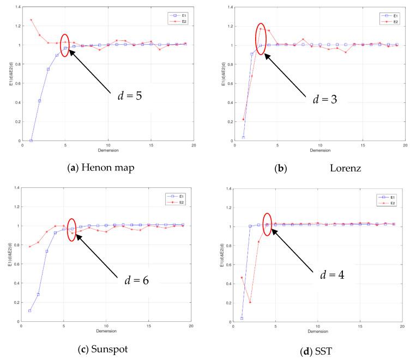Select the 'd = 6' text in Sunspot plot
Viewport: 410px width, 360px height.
pyautogui.click(x=133, y=281)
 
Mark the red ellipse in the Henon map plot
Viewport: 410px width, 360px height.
pyautogui.click(x=65, y=45)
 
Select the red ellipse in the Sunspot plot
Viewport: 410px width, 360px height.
pyautogui.click(x=72, y=229)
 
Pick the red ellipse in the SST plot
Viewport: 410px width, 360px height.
pyautogui.click(x=267, y=224)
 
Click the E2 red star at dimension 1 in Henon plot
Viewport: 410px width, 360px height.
pyautogui.click(x=31, y=20)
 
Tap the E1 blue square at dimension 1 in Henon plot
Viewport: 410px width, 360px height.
pyautogui.click(x=31, y=141)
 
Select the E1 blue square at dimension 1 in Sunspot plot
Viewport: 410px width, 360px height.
pyautogui.click(x=30, y=311)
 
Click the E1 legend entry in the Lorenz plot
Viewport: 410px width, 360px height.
pyautogui.click(x=387, y=15)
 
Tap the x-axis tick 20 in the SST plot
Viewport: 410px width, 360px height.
pyautogui.click(x=402, y=325)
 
